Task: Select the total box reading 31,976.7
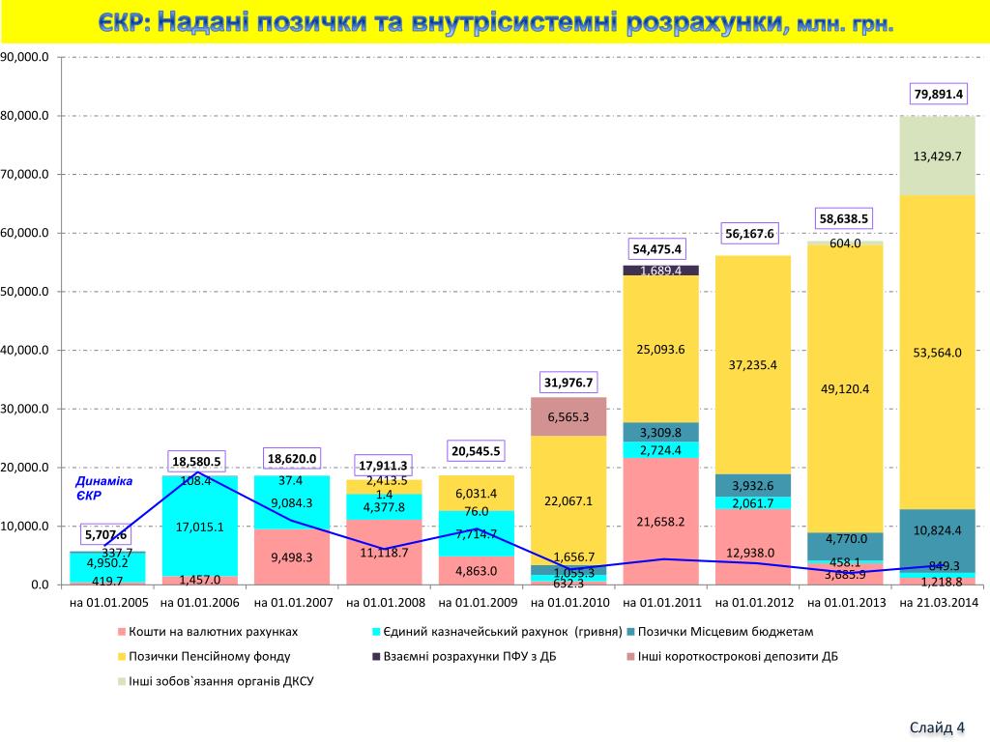coord(568,383)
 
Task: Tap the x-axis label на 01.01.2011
coord(661,602)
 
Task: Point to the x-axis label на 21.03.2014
coord(939,602)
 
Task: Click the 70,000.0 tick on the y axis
coord(25,175)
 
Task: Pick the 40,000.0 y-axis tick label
coord(25,351)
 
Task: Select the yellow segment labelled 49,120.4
coord(846,388)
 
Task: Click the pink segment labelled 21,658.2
coord(661,522)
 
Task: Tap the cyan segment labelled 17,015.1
coord(200,527)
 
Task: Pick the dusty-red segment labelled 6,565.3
coord(568,416)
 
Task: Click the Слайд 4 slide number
coord(937,727)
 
